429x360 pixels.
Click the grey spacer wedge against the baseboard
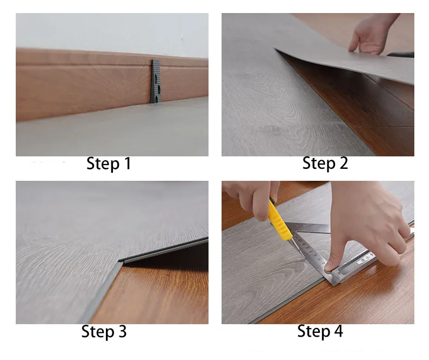pos(156,81)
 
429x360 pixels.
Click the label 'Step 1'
pos(109,163)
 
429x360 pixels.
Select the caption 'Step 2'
pos(325,163)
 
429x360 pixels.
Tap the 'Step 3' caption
pos(104,332)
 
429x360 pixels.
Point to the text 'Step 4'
pos(320,331)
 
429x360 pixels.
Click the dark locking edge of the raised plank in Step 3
pos(163,250)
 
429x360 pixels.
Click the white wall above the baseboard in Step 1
pos(109,30)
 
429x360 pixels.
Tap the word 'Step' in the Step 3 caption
pos(95,332)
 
